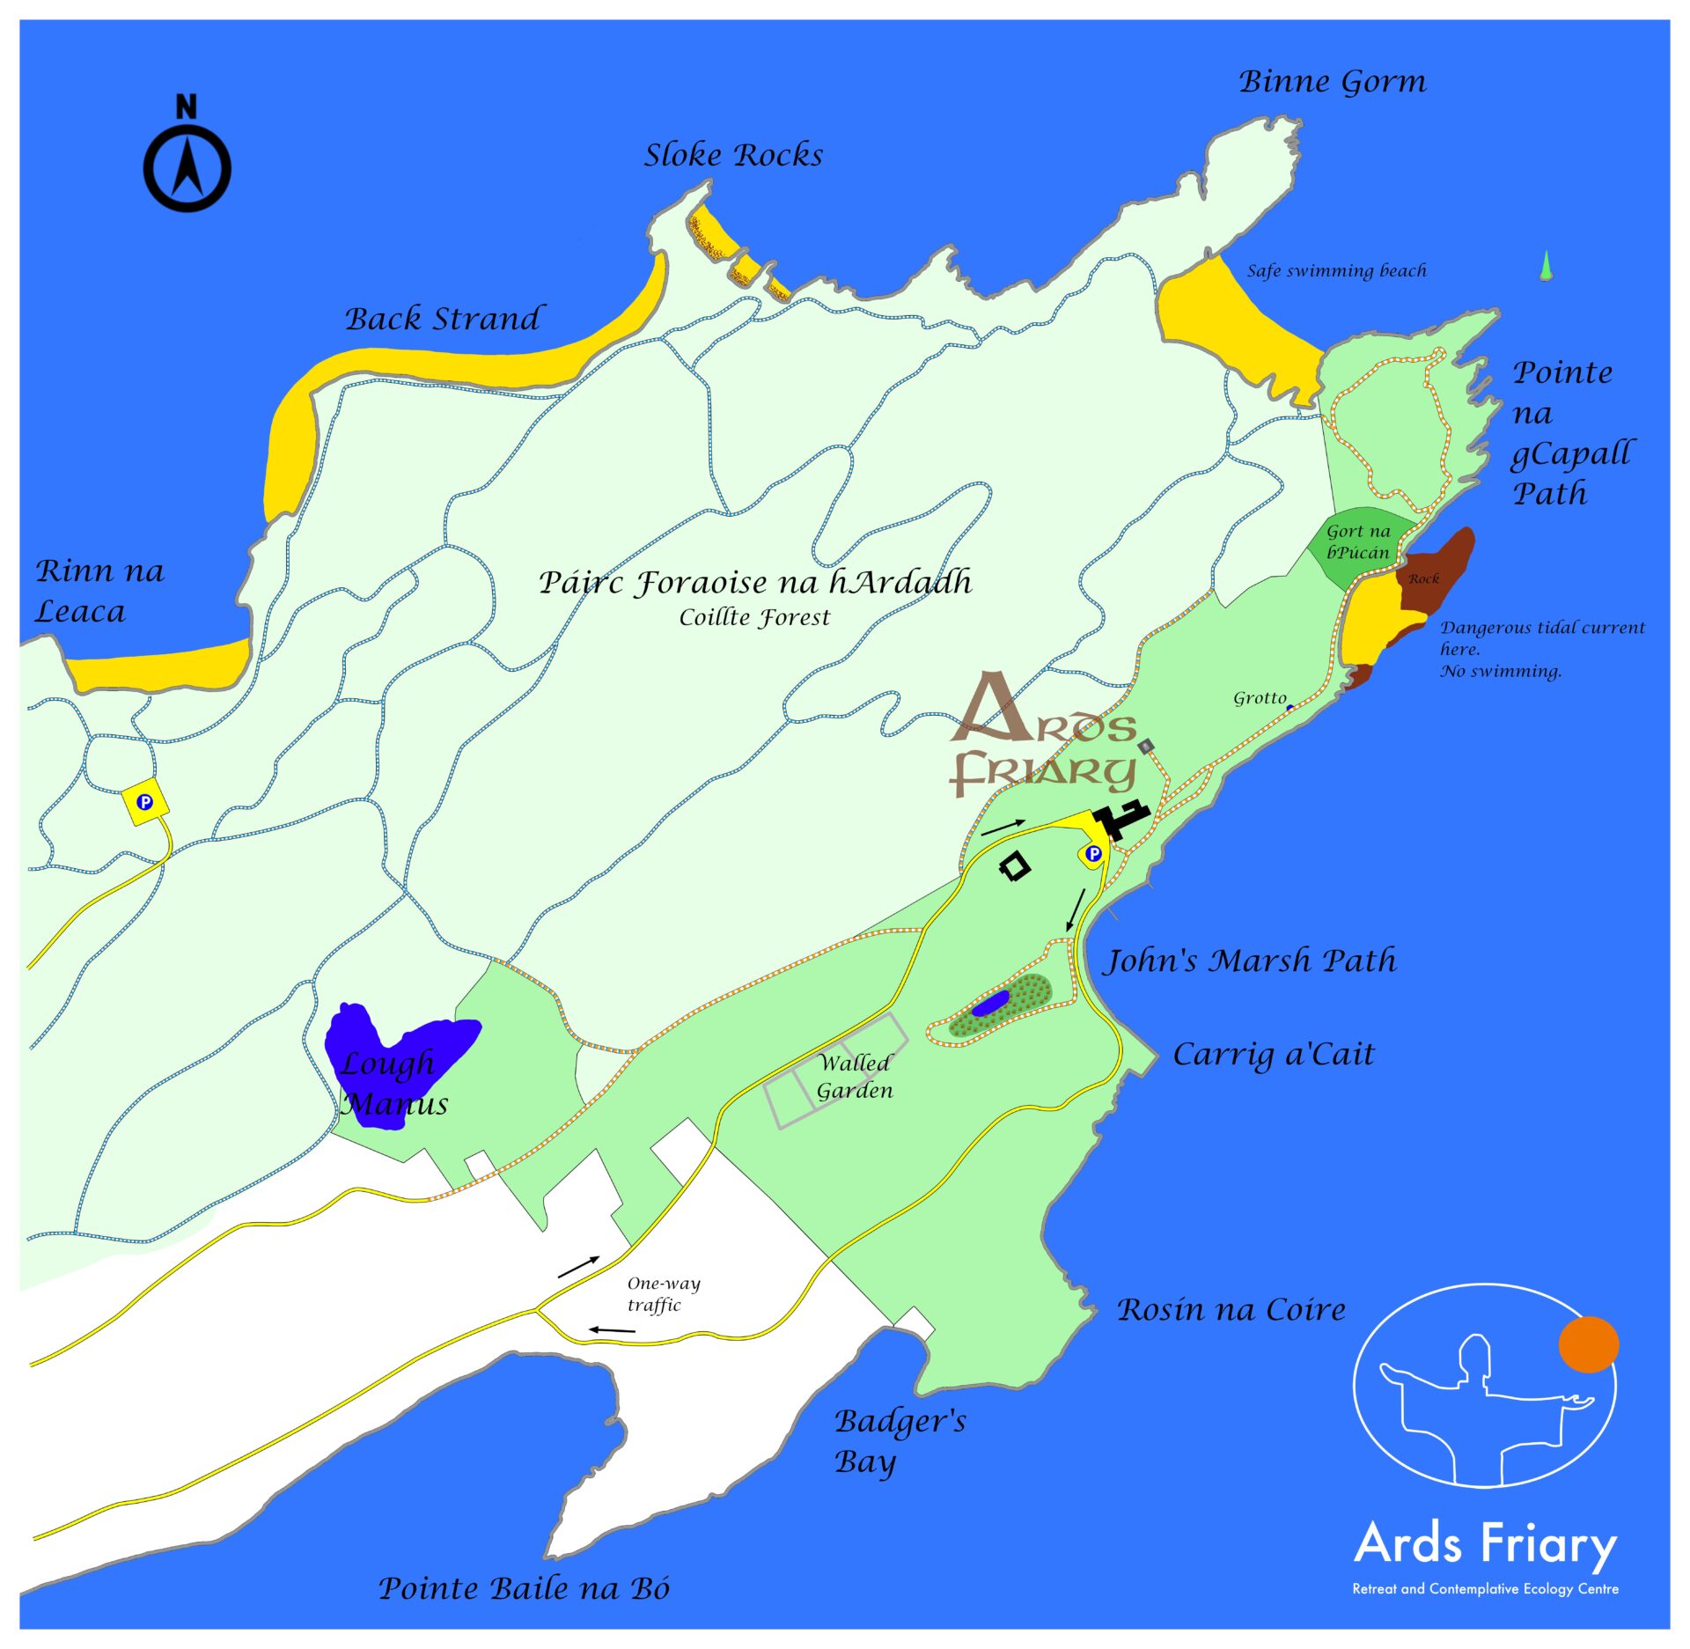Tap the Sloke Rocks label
pos(733,155)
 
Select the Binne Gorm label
pos(1333,81)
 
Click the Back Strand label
pos(444,319)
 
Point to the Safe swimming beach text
pos(1336,270)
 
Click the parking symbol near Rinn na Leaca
pos(145,802)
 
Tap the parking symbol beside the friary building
pos(1093,853)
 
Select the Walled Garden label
pos(854,1076)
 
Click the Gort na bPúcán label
pos(1358,541)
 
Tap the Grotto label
pos(1260,698)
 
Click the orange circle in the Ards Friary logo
pos(1588,1344)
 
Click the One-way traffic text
pos(664,1293)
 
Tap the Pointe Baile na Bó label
pos(524,1588)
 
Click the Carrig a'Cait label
pos(1273,1054)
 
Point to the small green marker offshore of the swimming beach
pos(1546,266)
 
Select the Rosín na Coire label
pos(1231,1309)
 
